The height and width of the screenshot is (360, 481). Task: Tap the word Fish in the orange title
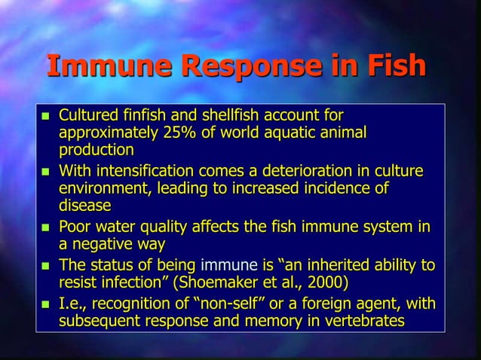pos(391,66)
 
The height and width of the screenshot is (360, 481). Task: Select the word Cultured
pos(88,116)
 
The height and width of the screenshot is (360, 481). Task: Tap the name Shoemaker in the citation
pos(231,283)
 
